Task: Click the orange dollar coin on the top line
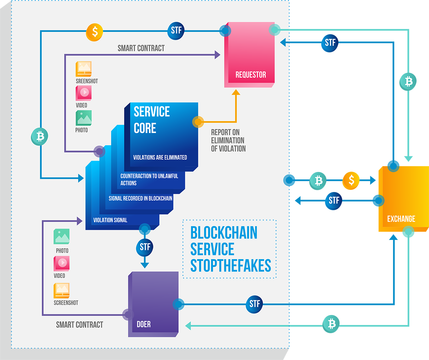click(x=94, y=32)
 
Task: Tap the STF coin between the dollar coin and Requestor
click(x=176, y=31)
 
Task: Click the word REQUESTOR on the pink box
click(x=251, y=75)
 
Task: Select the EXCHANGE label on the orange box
click(x=401, y=219)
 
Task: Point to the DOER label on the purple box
click(x=144, y=324)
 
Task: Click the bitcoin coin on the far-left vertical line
click(x=40, y=137)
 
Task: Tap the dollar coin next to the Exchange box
click(x=351, y=181)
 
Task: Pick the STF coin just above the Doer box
click(x=145, y=247)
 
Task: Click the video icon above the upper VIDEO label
click(x=84, y=93)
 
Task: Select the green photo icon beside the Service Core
click(x=84, y=118)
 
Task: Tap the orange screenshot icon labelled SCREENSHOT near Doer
click(x=61, y=291)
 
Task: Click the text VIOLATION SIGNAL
click(x=110, y=220)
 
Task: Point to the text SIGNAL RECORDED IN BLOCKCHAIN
click(x=140, y=198)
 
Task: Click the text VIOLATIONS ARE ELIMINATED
click(x=160, y=157)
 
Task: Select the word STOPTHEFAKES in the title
click(x=231, y=266)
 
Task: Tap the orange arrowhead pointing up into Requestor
click(x=236, y=92)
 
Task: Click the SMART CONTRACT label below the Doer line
click(x=79, y=325)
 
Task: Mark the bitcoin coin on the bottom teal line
click(x=331, y=324)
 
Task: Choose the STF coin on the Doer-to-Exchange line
click(x=254, y=304)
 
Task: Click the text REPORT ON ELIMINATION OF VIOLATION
click(x=228, y=140)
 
